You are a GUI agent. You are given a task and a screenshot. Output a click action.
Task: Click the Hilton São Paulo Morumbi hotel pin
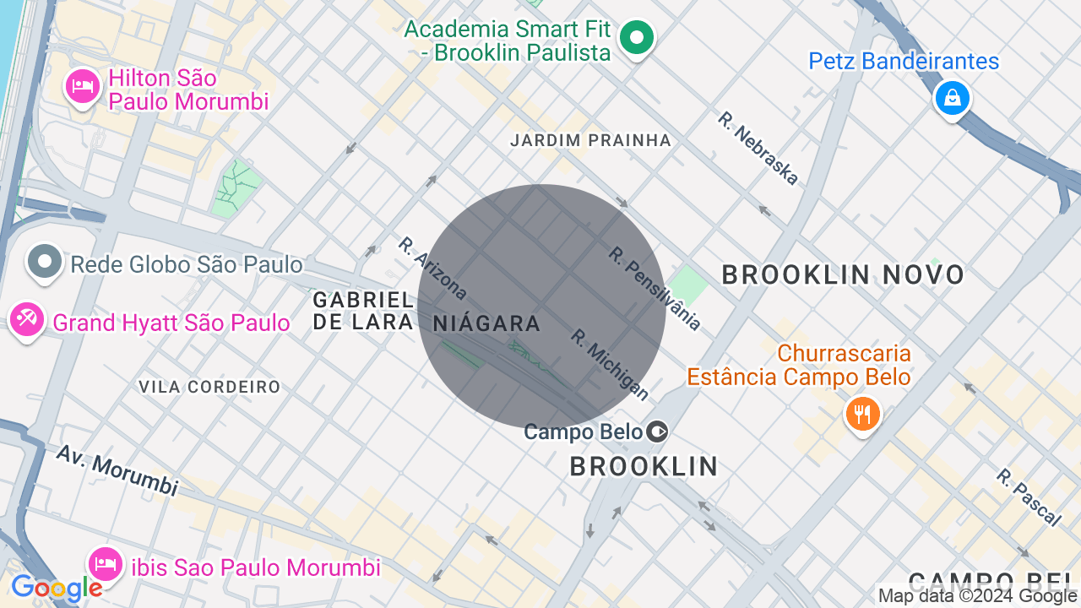coord(82,87)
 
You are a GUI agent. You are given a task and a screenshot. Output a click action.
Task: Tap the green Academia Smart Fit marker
coord(637,38)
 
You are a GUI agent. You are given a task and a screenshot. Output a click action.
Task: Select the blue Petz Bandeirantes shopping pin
coord(952,98)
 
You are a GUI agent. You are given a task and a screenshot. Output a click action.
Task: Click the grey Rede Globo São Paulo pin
coord(44,263)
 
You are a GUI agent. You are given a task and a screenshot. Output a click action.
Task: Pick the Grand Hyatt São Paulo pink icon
coord(26,320)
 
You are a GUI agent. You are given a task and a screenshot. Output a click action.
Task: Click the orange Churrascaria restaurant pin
coord(862,415)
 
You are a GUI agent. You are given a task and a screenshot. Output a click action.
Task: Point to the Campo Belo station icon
coord(656,432)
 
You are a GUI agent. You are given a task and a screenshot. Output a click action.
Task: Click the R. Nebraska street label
coord(758,148)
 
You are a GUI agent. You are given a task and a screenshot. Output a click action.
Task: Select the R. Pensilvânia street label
coord(655,288)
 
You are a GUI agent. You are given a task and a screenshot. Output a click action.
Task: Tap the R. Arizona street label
coord(432,269)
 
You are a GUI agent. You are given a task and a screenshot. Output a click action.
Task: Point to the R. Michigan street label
coord(610,364)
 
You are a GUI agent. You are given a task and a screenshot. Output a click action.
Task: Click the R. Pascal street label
coord(1027,497)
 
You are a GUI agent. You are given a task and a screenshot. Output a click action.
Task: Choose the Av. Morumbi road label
coord(117,470)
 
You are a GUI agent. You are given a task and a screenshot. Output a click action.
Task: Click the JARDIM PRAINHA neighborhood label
coord(590,140)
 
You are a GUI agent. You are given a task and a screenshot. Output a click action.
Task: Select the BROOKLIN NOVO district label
coord(842,274)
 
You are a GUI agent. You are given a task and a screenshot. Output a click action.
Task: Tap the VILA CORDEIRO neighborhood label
coord(209,387)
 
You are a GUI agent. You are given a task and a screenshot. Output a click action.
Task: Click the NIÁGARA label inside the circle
coord(486,323)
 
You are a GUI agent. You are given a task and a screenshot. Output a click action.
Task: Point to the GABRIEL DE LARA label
coord(363,311)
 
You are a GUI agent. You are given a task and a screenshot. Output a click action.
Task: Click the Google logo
coord(57,589)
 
